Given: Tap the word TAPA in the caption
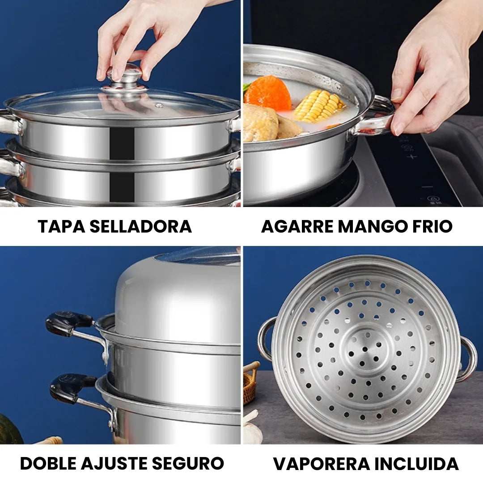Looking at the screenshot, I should [x=60, y=226].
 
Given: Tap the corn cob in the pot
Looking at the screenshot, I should [x=319, y=106].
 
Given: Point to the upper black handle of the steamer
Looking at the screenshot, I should [x=68, y=322].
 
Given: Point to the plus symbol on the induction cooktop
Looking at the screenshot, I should [x=412, y=157].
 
